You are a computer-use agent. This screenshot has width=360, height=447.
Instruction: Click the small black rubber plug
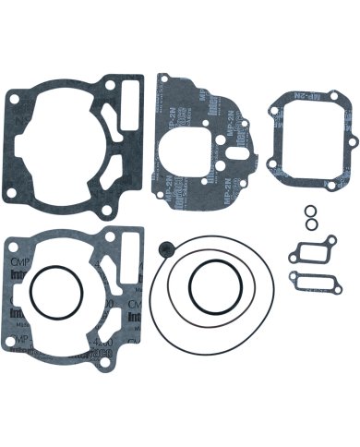[x=165, y=247]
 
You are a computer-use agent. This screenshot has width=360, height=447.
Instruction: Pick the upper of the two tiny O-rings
[x=310, y=211]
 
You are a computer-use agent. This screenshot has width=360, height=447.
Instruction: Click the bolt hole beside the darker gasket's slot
[x=112, y=83]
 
